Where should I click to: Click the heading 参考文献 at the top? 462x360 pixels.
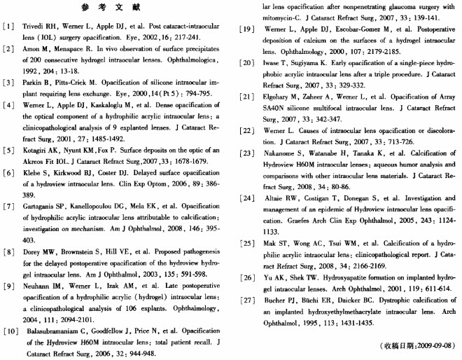119,8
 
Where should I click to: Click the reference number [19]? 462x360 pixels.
245,29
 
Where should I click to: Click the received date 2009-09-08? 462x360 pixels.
433,345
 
